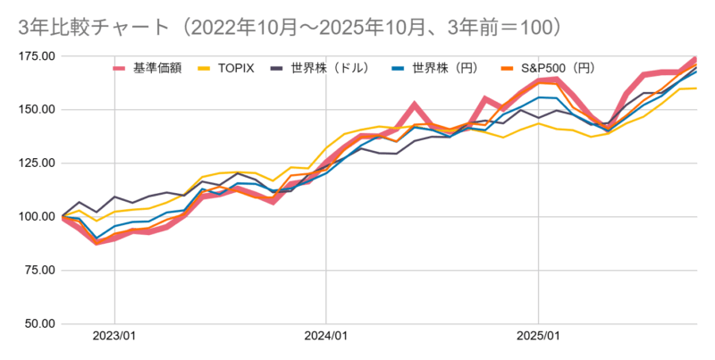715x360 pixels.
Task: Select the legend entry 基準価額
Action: (x=157, y=67)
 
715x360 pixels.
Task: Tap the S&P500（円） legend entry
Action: (x=563, y=67)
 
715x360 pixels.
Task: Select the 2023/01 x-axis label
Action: (x=114, y=337)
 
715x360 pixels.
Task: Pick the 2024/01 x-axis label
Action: (x=326, y=337)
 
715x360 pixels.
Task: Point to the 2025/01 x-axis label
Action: (x=538, y=337)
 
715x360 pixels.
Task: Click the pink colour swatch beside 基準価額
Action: (x=121, y=68)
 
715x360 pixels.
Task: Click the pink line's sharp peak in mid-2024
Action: (x=415, y=105)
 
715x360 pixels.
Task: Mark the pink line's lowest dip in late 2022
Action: (x=97, y=242)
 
